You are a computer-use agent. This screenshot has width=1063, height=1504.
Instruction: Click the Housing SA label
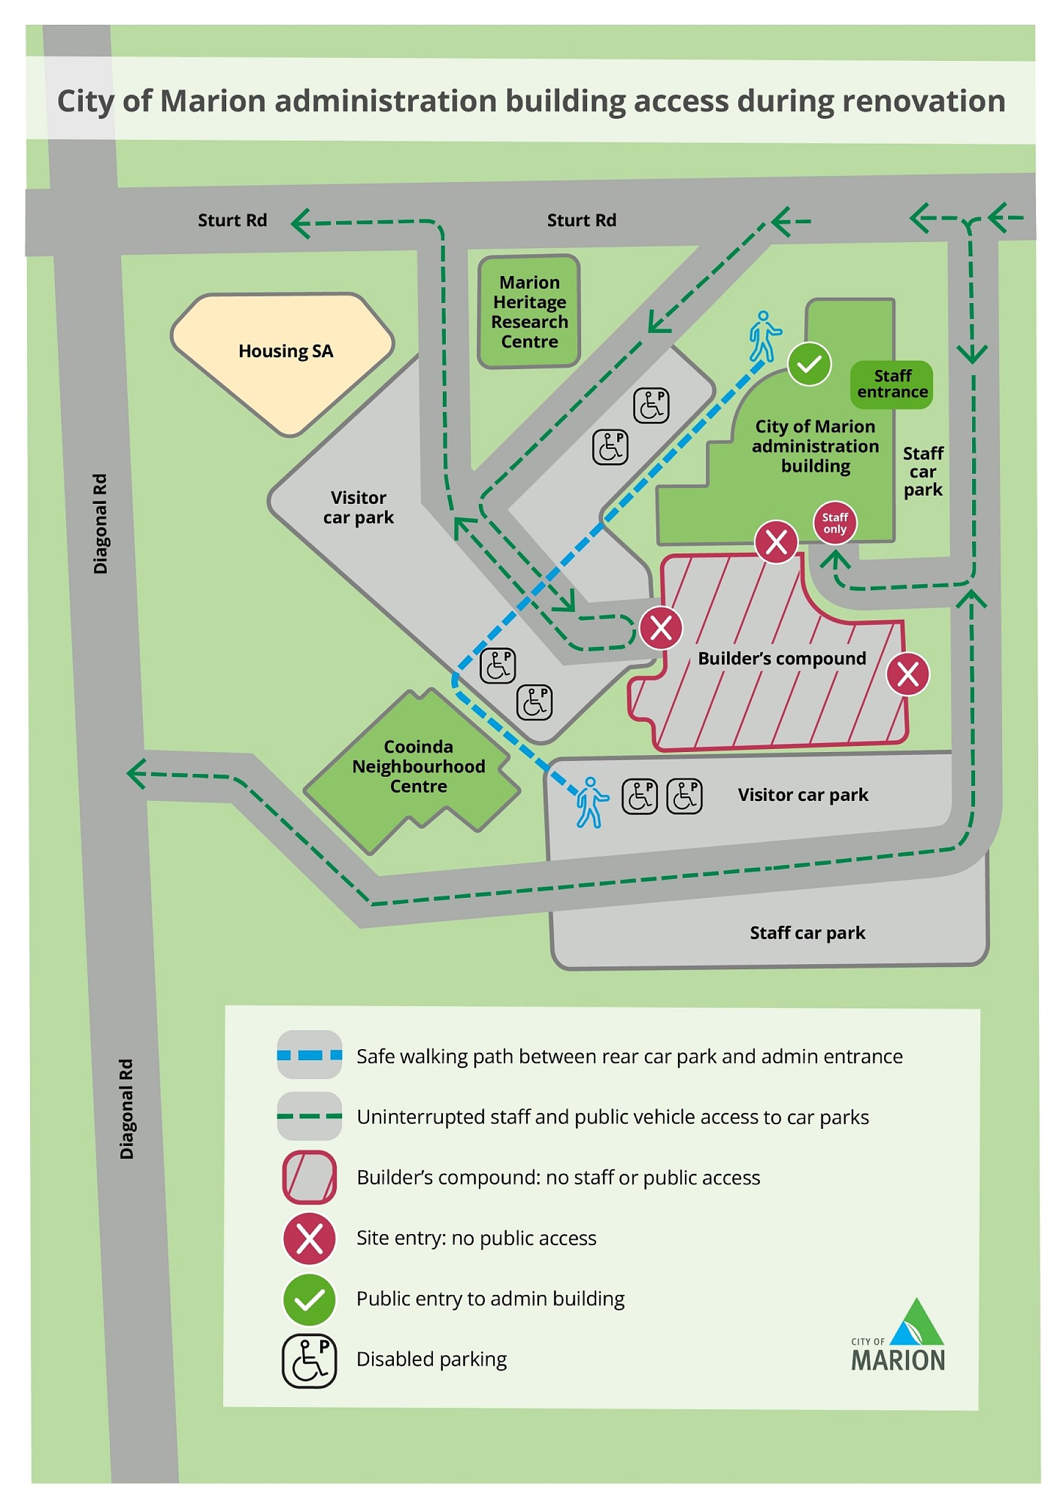point(286,351)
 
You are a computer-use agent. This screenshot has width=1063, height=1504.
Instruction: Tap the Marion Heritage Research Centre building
point(529,312)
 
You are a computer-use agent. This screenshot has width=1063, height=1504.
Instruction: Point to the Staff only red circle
point(834,523)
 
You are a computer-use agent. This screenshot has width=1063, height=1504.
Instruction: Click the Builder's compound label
point(781,658)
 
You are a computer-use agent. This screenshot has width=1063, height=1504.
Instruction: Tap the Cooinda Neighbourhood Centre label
point(419,766)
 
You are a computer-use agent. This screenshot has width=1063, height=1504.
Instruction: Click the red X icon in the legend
point(309,1238)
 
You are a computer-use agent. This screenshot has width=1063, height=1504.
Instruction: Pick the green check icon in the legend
point(309,1299)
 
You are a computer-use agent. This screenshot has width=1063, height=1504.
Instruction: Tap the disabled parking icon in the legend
point(309,1360)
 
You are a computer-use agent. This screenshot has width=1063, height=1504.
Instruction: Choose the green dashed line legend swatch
point(309,1116)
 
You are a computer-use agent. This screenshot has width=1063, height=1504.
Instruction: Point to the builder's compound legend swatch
point(309,1177)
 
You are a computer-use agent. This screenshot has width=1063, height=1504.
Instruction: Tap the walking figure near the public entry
point(764,336)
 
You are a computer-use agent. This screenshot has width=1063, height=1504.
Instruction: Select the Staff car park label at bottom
point(807,932)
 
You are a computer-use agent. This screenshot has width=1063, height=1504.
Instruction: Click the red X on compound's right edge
point(907,673)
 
